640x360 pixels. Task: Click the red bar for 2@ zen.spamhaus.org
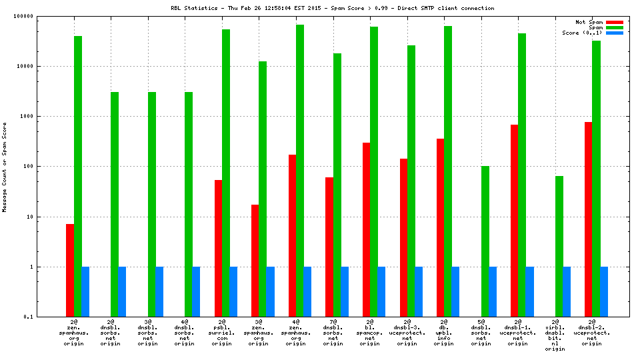70,270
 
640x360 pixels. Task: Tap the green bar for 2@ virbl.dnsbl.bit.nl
559,246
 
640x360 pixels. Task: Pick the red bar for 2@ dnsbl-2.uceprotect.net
588,219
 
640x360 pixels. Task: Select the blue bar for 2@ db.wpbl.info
455,291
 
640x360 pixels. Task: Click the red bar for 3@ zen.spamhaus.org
255,261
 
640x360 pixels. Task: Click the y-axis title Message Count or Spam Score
5,167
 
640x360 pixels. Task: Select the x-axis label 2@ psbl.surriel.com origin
222,333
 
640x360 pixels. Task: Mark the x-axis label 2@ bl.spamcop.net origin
370,333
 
